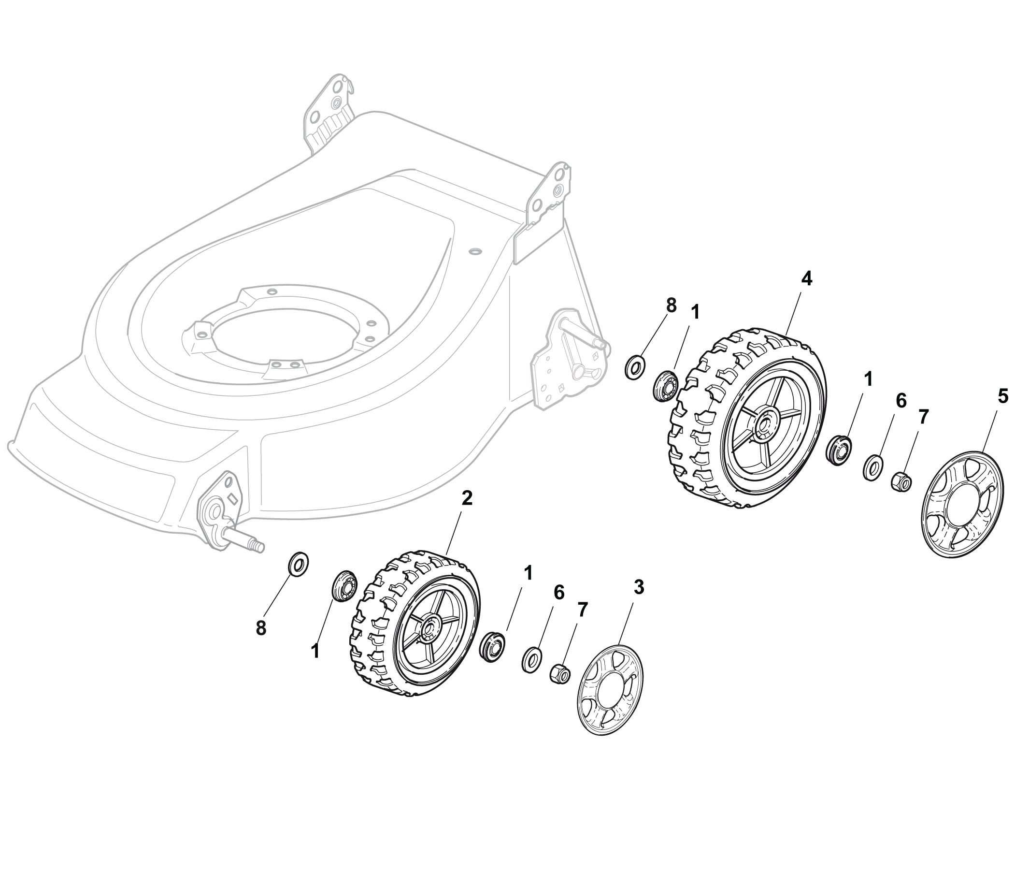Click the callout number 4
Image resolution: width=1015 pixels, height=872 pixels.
tap(806, 279)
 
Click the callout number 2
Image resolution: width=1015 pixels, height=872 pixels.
tap(467, 498)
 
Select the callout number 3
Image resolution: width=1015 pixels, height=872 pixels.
tap(638, 587)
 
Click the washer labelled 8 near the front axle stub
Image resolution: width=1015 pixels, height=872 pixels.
tap(298, 564)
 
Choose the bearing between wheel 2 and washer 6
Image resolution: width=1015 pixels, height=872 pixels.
tap(491, 648)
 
